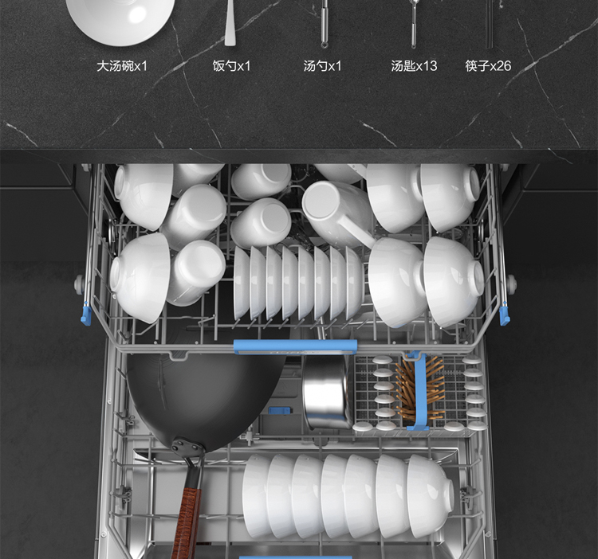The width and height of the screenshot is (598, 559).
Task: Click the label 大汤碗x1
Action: [122, 66]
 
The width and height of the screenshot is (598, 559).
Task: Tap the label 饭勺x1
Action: [231, 66]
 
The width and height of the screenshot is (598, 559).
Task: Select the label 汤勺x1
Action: [323, 66]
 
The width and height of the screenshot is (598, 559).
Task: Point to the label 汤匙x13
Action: [414, 66]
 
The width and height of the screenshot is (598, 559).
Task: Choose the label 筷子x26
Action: [488, 66]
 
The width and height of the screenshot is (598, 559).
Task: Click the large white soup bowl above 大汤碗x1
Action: [120, 19]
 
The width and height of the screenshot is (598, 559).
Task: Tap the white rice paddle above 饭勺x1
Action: [230, 23]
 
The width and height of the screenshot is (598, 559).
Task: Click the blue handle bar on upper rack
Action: [295, 346]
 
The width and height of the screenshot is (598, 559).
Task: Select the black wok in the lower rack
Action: [206, 396]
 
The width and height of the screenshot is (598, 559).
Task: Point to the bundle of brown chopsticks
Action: [419, 389]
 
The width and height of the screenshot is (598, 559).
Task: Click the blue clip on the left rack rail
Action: [87, 315]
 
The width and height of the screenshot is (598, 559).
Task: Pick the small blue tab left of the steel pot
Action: [280, 411]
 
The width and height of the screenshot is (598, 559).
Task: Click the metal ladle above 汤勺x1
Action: [325, 24]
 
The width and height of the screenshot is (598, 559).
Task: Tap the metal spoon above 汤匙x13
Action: [414, 24]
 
